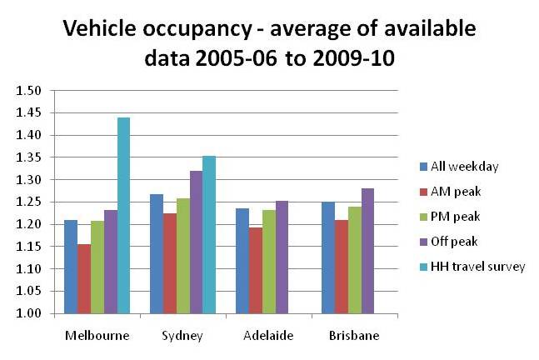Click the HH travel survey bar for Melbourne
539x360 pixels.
123,216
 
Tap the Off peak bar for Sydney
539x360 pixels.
196,242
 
